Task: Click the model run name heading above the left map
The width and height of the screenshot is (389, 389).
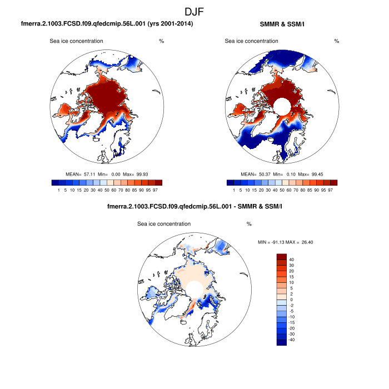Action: tap(107, 24)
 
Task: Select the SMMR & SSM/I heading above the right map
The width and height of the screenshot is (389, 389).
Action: tap(282, 24)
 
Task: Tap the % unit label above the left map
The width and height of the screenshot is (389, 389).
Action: tap(161, 41)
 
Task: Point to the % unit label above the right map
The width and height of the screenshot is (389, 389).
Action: tap(337, 41)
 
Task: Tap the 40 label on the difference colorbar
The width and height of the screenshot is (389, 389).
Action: tap(292, 260)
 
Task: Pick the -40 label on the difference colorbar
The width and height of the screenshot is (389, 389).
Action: tap(293, 339)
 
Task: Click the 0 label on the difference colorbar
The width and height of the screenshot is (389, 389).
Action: tap(290, 300)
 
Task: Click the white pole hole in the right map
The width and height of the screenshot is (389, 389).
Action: tap(281, 104)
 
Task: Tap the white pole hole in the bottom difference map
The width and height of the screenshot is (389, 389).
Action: tap(193, 288)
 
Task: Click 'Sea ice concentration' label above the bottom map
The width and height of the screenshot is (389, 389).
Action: tap(164, 224)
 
